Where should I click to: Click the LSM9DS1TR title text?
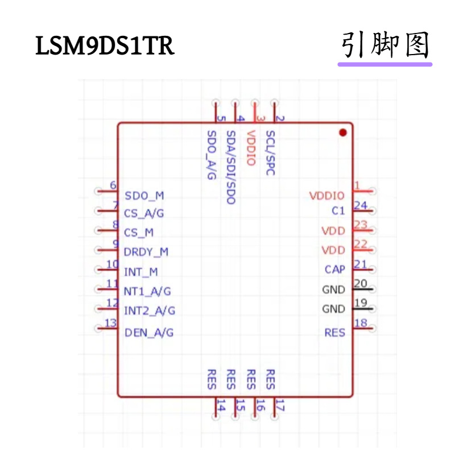(105, 46)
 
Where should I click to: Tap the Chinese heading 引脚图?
(385, 45)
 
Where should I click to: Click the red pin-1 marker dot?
(342, 133)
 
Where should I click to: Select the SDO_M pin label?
(144, 196)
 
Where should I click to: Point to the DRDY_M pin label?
(146, 251)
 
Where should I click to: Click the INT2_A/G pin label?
(149, 311)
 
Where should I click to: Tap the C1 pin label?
(338, 210)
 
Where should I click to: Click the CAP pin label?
(335, 270)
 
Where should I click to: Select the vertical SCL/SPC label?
(271, 152)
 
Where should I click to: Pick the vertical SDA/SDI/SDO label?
(230, 168)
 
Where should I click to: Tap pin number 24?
(360, 205)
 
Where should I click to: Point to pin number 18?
(360, 323)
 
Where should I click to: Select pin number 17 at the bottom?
(279, 406)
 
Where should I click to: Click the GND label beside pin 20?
(333, 289)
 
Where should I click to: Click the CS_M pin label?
(139, 233)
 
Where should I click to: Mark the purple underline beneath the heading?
(385, 64)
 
